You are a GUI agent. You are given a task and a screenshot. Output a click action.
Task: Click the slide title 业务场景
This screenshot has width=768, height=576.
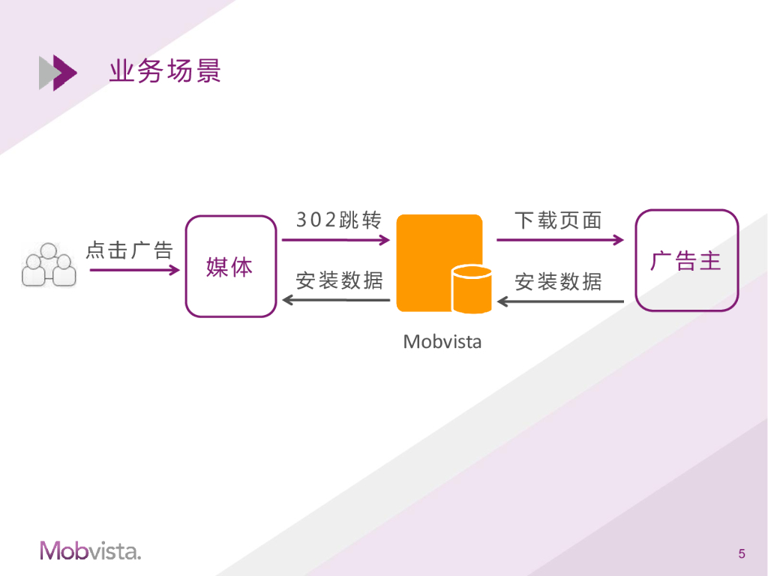[165, 72]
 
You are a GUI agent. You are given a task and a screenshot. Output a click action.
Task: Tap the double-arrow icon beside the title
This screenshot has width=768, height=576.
[58, 73]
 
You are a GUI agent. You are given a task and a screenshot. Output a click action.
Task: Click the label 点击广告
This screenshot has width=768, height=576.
[130, 250]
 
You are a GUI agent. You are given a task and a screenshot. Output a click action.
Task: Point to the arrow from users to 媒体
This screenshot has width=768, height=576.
[135, 269]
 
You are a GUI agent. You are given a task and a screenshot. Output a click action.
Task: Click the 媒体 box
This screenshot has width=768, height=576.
[230, 266]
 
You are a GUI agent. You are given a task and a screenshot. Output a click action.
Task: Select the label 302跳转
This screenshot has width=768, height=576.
[339, 220]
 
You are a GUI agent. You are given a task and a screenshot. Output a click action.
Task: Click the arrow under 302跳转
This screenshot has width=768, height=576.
[336, 240]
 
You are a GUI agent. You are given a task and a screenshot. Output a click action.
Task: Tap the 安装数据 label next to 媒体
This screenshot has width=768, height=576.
[339, 280]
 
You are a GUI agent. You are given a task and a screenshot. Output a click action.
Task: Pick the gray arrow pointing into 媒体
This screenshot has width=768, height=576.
[336, 301]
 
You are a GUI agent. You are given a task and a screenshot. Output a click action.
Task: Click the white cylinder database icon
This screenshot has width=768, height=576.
[472, 289]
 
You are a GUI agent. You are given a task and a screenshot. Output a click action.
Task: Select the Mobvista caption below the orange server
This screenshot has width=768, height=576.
[442, 342]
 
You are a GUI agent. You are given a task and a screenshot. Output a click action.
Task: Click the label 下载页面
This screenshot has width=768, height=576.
[558, 220]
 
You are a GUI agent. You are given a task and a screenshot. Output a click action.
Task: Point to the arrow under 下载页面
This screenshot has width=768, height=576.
[559, 240]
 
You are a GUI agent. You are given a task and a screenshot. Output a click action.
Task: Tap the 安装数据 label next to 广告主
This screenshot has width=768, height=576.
[558, 281]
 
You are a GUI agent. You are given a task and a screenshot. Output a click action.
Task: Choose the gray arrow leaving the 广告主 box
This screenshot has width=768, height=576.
[560, 301]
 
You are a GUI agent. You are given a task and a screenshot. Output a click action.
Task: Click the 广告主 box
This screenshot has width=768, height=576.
[686, 260]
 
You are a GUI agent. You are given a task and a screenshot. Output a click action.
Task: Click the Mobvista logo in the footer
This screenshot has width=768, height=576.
[90, 550]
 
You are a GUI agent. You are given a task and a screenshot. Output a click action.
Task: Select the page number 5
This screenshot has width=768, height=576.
[742, 554]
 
